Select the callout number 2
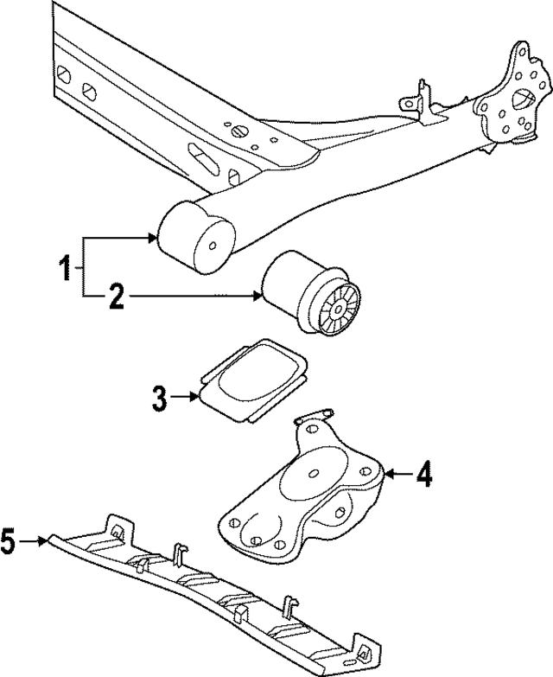point(116,299)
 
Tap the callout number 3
point(159,399)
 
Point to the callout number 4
point(423,475)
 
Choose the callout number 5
point(10,542)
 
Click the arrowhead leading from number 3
point(196,398)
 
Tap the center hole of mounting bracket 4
point(312,471)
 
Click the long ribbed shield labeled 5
point(207,588)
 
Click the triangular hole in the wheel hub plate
point(523,99)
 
